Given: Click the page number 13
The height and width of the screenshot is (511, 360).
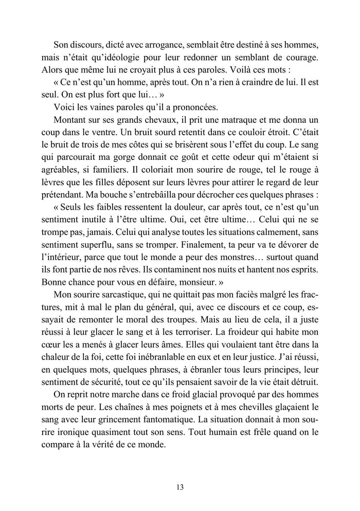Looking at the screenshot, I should [179, 487].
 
